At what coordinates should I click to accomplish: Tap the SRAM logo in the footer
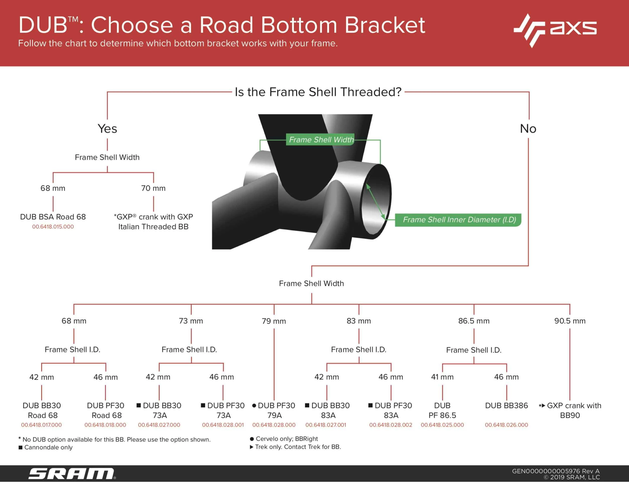(x=72, y=474)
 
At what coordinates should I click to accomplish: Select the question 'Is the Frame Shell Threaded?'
(x=318, y=92)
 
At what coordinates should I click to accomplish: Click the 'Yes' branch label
(x=107, y=129)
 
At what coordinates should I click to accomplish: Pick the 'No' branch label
(x=528, y=129)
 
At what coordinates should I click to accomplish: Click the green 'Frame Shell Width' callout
(x=321, y=140)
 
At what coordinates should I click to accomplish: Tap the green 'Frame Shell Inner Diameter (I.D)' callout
(x=459, y=220)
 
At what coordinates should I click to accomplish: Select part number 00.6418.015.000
(x=53, y=227)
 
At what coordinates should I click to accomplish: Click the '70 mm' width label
(x=153, y=188)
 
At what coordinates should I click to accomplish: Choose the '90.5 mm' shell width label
(x=570, y=321)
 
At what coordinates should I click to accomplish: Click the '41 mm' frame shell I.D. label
(x=442, y=377)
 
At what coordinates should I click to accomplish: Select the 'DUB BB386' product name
(x=506, y=406)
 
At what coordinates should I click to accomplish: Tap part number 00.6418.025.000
(x=442, y=425)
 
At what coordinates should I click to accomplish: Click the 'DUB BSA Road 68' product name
(x=53, y=217)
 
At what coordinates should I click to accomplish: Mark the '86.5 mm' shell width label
(x=474, y=321)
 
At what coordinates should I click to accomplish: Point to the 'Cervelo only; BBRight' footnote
(x=287, y=439)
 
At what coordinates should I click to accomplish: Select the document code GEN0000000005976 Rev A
(x=556, y=471)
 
